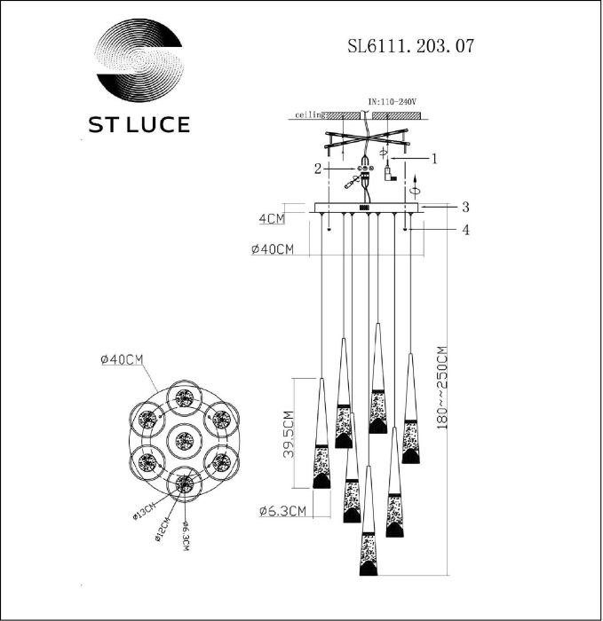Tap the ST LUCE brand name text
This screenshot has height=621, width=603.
[x=138, y=124]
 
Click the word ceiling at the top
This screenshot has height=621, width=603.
[x=308, y=115]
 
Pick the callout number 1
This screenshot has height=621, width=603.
[x=435, y=159]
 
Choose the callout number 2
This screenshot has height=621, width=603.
[x=317, y=167]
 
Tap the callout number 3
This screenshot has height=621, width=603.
[x=464, y=207]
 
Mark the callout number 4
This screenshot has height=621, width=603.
[x=464, y=231]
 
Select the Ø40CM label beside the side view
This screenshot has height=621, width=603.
[x=273, y=250]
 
